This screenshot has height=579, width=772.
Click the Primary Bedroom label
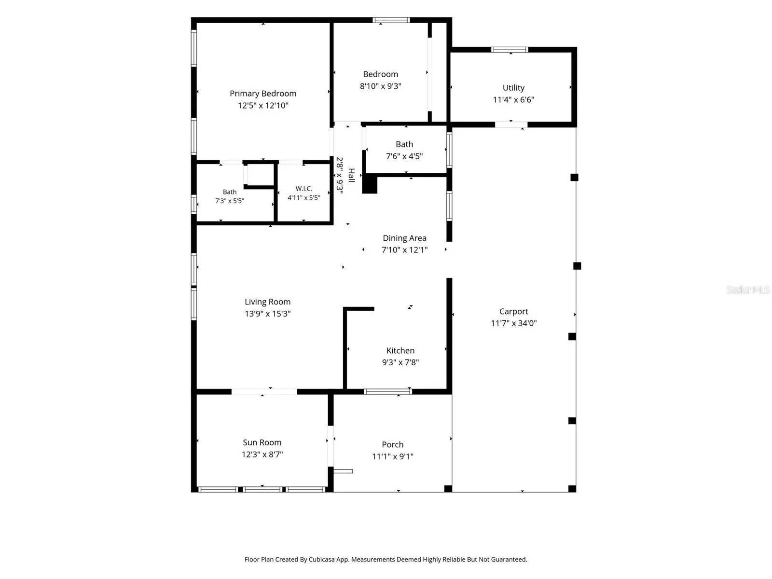(x=263, y=94)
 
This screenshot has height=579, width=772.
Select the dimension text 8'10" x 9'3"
(x=380, y=86)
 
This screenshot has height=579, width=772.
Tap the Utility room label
(x=513, y=88)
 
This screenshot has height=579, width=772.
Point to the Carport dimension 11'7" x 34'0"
(x=513, y=323)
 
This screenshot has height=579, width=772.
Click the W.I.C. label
(x=303, y=189)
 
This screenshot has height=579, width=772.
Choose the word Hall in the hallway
(x=351, y=175)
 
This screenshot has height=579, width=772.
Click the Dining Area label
(x=404, y=238)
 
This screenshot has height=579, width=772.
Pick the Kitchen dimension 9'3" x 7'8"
(x=400, y=362)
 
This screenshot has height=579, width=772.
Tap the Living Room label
(x=267, y=302)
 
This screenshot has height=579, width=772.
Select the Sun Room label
(x=262, y=442)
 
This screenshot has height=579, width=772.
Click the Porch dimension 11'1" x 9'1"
(x=392, y=456)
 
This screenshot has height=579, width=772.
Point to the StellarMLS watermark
(x=748, y=289)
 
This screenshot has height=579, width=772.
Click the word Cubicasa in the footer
(x=321, y=559)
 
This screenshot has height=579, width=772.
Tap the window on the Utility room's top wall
(x=509, y=50)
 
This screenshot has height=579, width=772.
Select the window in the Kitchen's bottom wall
(x=387, y=392)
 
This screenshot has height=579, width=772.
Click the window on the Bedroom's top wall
(x=391, y=20)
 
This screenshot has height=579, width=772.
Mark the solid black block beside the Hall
(x=370, y=185)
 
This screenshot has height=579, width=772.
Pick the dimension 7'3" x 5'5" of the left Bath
(x=229, y=201)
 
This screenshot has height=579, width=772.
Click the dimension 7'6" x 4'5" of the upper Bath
(x=404, y=156)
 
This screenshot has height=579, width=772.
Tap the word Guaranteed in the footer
(x=509, y=559)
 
